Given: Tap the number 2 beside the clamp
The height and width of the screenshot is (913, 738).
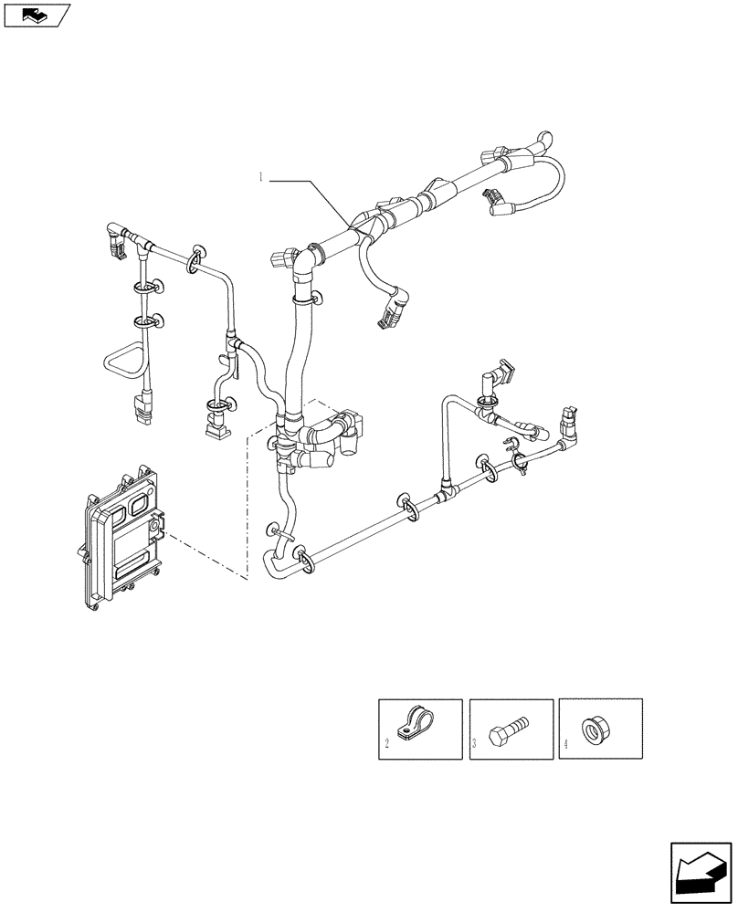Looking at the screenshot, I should (387, 745).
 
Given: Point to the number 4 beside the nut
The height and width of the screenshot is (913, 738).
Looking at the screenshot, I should (566, 745).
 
